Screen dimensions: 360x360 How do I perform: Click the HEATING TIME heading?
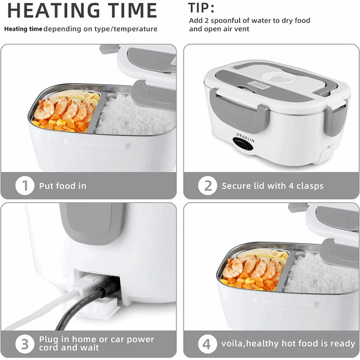[x=82, y=10]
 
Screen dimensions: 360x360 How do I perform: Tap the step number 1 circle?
[x=24, y=186]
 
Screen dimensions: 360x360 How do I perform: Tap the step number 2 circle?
[x=207, y=186]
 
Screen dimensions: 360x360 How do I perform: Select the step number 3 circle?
[x=24, y=344]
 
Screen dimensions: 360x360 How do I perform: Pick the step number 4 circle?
[x=207, y=344]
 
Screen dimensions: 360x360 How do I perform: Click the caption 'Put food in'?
[x=62, y=186]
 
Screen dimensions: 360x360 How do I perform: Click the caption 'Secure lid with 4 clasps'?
[x=272, y=186]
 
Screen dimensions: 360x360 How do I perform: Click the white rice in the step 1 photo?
[x=132, y=117]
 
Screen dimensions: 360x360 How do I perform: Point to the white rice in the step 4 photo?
[x=318, y=276]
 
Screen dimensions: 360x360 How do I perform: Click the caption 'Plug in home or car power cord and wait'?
[x=97, y=344]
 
